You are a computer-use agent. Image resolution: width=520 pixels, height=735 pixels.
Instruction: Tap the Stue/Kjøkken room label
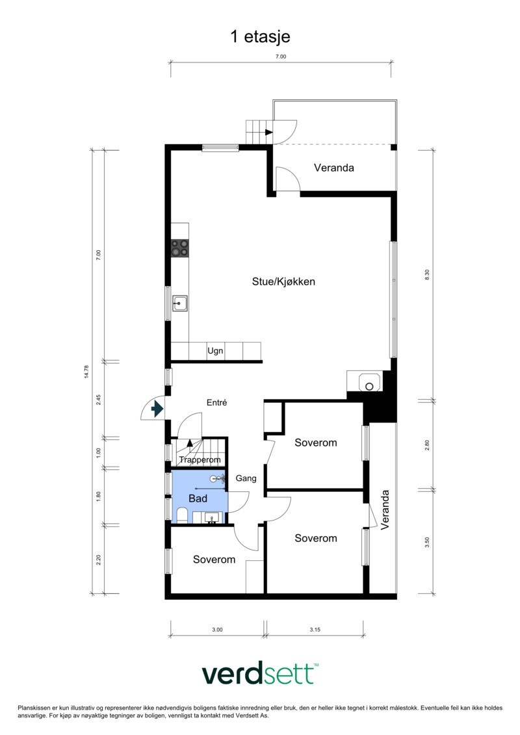click(x=284, y=281)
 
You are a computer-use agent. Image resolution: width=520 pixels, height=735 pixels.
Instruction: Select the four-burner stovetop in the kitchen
click(x=180, y=248)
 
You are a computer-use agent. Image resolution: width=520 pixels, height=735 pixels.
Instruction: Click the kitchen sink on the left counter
click(x=180, y=303)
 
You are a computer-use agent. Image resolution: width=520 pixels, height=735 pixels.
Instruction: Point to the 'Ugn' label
click(x=215, y=351)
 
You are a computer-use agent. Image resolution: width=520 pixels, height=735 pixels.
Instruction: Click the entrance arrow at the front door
click(x=157, y=409)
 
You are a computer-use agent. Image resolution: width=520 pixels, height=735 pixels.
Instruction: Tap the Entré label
click(x=216, y=403)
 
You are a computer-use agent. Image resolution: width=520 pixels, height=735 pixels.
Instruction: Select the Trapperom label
click(x=200, y=460)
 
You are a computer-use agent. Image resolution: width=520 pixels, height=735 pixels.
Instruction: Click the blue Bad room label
click(x=198, y=498)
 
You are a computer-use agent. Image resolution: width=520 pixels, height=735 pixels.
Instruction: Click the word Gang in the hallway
click(x=246, y=478)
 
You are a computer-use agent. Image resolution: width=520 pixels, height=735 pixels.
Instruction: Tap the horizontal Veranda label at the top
click(x=333, y=168)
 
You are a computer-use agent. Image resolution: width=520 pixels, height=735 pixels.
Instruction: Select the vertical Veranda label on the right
click(x=385, y=510)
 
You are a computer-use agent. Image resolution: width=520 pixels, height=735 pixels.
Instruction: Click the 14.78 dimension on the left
click(x=86, y=372)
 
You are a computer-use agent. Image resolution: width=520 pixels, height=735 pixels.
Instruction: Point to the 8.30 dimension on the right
click(x=427, y=274)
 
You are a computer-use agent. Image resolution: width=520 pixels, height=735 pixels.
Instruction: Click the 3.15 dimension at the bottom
click(x=315, y=630)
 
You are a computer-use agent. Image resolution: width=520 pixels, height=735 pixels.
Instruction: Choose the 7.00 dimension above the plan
click(x=280, y=57)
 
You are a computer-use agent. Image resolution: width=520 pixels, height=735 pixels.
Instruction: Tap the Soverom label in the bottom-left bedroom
click(x=214, y=560)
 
